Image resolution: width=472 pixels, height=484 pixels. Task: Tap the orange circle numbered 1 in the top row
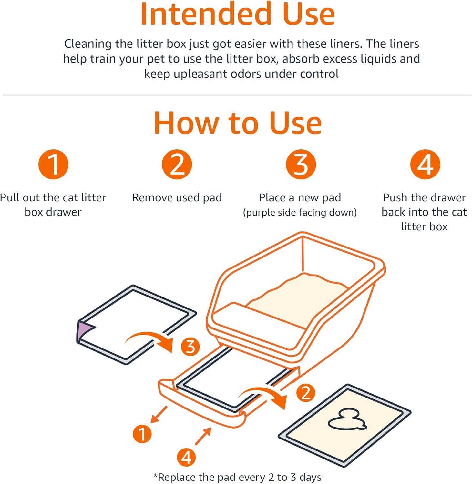coord(53,164)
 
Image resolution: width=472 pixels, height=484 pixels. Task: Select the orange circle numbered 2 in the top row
coord(177,164)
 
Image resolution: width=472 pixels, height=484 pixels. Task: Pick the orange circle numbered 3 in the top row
coord(301,164)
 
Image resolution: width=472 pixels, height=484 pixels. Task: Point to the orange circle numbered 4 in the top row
coord(425,164)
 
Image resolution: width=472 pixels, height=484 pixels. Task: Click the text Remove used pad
coord(177,197)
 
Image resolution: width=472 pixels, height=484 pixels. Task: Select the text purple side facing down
coord(300,212)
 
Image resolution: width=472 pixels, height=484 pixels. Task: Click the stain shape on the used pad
coord(347,421)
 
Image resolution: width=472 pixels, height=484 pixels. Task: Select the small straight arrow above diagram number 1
coord(159,414)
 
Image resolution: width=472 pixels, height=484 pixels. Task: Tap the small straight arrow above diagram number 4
coord(203,436)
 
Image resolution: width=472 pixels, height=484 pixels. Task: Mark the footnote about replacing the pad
coord(237,477)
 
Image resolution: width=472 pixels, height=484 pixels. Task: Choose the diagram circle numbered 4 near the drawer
coord(186,457)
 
